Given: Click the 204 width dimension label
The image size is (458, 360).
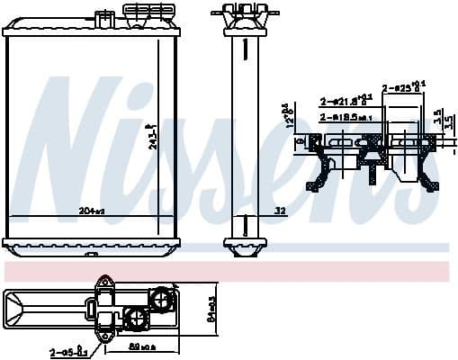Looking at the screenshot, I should coord(93,211).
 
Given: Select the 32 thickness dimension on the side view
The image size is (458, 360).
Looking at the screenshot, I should coord(280,211).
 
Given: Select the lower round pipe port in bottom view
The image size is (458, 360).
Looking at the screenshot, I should coord(136,316).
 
